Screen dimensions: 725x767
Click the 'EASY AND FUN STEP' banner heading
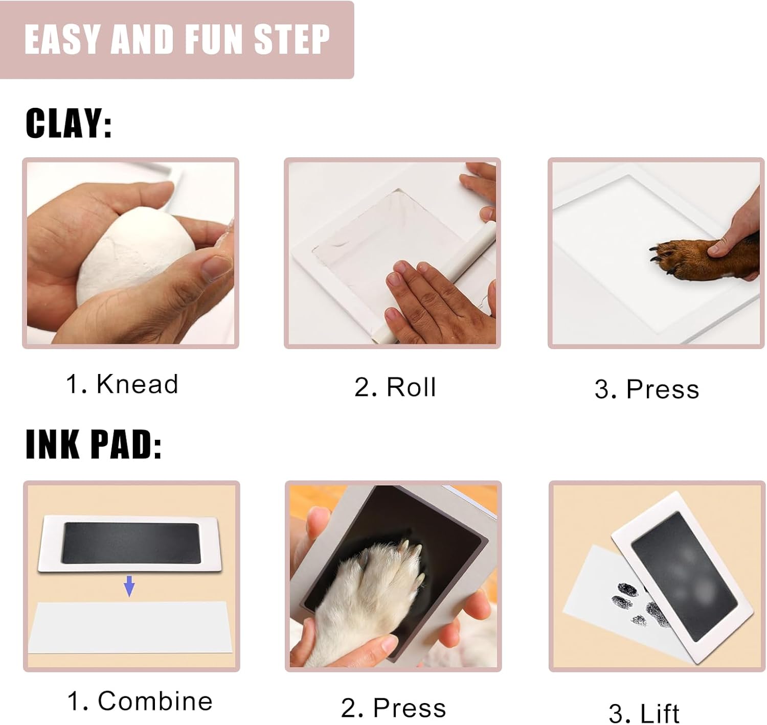pos(177,40)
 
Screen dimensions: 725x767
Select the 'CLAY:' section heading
pos(69,124)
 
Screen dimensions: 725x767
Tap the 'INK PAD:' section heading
pos(94,445)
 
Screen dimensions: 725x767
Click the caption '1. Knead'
pos(122,384)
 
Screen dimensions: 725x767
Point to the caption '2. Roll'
pos(395,387)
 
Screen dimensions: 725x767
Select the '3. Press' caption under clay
pos(646,389)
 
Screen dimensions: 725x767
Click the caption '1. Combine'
pos(140,701)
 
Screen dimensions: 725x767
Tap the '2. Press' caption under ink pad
pos(393,708)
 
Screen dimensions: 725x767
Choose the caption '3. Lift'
pos(644,713)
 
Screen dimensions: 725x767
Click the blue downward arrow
pos(129,586)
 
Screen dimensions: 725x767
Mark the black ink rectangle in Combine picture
pos(130,543)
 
